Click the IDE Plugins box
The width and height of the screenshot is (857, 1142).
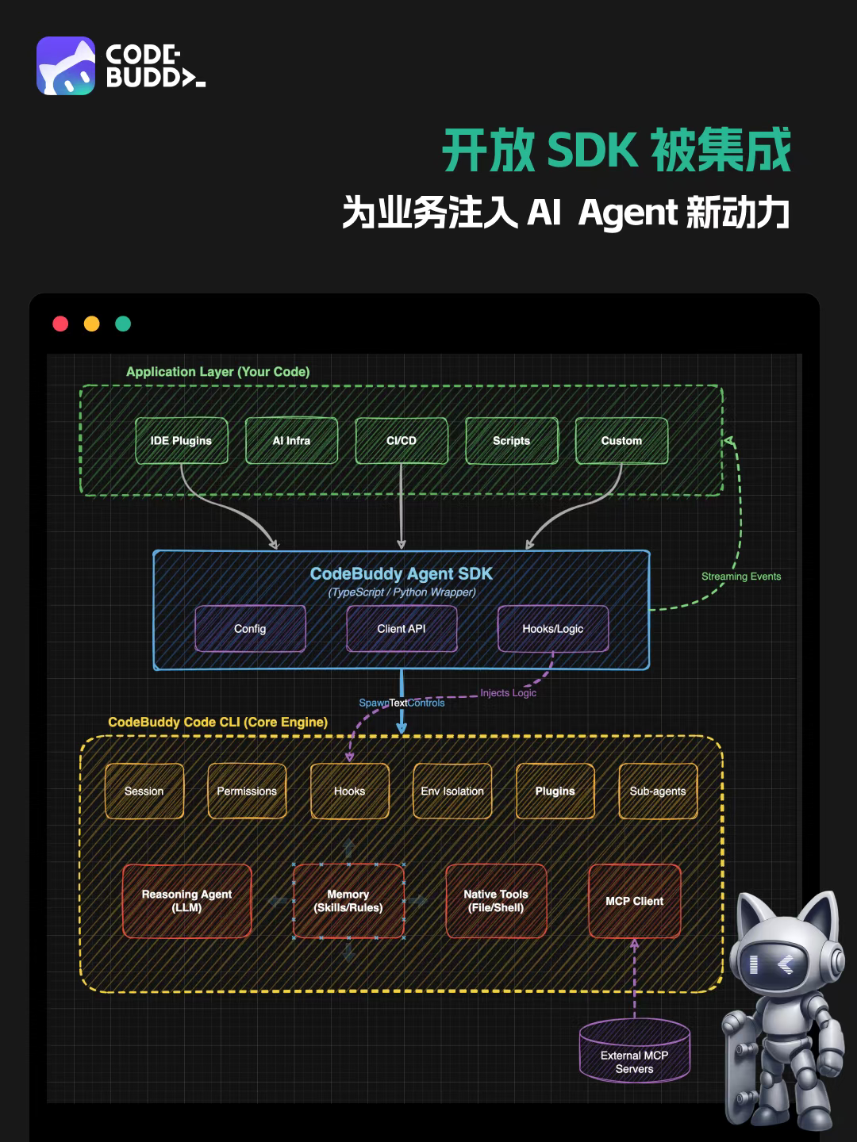[x=181, y=441]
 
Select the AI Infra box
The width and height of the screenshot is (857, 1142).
[x=291, y=441]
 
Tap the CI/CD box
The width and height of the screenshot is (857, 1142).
[x=402, y=441]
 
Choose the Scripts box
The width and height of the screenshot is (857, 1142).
[x=511, y=441]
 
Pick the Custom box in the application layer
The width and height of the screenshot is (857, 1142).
[x=621, y=441]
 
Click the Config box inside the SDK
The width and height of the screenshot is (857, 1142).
[x=250, y=629]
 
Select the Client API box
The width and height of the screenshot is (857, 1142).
[x=402, y=629]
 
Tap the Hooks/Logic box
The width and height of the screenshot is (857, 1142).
[x=552, y=629]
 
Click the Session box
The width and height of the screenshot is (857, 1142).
[x=144, y=791]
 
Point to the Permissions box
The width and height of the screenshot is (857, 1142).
[x=247, y=791]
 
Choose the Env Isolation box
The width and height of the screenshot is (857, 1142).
[x=452, y=791]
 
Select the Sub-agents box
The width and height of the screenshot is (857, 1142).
[x=658, y=791]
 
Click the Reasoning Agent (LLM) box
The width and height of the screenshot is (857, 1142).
[x=186, y=901]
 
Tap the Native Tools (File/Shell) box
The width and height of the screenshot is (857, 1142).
[x=496, y=901]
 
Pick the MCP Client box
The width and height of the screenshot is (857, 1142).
[x=635, y=901]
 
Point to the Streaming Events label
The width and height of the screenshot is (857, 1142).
[x=741, y=577]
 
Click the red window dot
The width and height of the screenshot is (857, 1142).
[x=60, y=324]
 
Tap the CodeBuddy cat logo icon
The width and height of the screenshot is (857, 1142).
[x=66, y=66]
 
